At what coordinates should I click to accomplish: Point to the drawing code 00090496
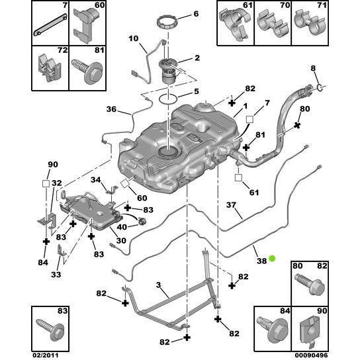point(311,355)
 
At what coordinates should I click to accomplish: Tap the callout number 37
point(231,204)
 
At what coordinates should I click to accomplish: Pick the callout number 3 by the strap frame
point(158,285)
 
